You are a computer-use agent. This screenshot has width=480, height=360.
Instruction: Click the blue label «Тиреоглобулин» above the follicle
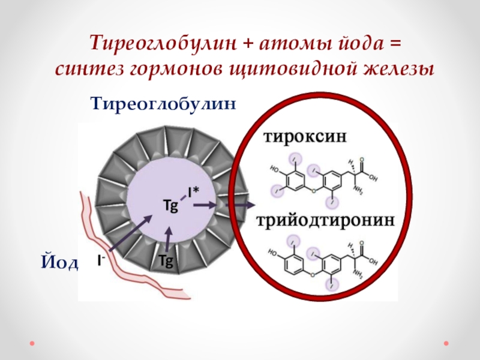164,104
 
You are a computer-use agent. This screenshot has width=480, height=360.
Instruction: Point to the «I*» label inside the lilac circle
193,193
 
